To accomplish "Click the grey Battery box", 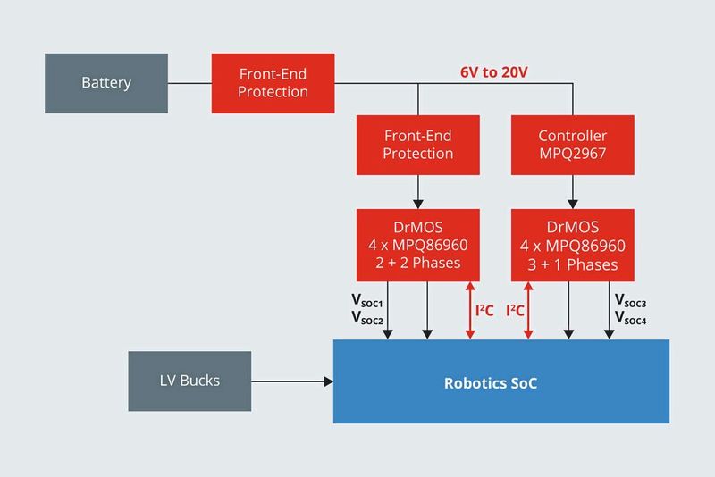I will tap(105, 83).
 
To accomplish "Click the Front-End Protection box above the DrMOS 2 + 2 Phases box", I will tap(417, 144).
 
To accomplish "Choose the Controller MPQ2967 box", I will tap(572, 144).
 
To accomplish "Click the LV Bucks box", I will tap(189, 381).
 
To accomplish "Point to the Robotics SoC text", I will tap(491, 383).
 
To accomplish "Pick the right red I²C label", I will tap(516, 311).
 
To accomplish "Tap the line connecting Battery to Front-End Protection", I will tap(189, 84).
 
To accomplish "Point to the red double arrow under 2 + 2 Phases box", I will tap(468, 311).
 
